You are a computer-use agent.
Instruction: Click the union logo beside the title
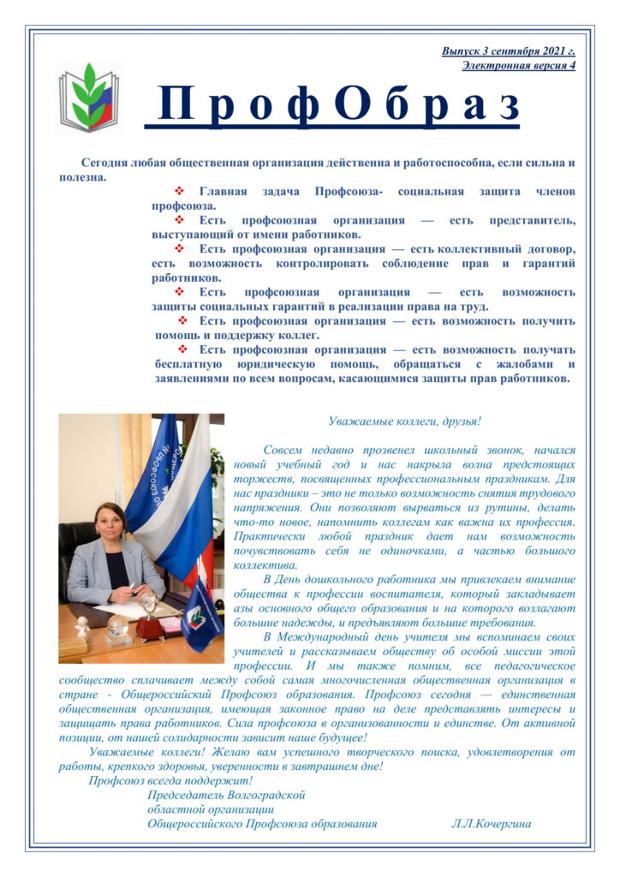[x=83, y=96]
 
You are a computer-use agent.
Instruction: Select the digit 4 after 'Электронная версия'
[x=571, y=65]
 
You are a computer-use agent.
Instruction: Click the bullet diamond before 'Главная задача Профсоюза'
[x=180, y=191]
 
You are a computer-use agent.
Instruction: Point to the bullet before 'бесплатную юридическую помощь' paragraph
[x=182, y=349]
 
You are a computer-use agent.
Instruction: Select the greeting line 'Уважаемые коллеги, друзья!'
[x=404, y=421]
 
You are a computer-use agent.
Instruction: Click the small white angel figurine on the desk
[x=82, y=625]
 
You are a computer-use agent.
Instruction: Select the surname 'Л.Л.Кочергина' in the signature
[x=491, y=824]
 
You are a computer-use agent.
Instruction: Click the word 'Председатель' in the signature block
[x=182, y=795]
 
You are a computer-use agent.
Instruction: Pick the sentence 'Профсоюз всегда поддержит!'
[x=170, y=780]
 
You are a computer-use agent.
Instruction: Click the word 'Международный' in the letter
[x=326, y=636]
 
